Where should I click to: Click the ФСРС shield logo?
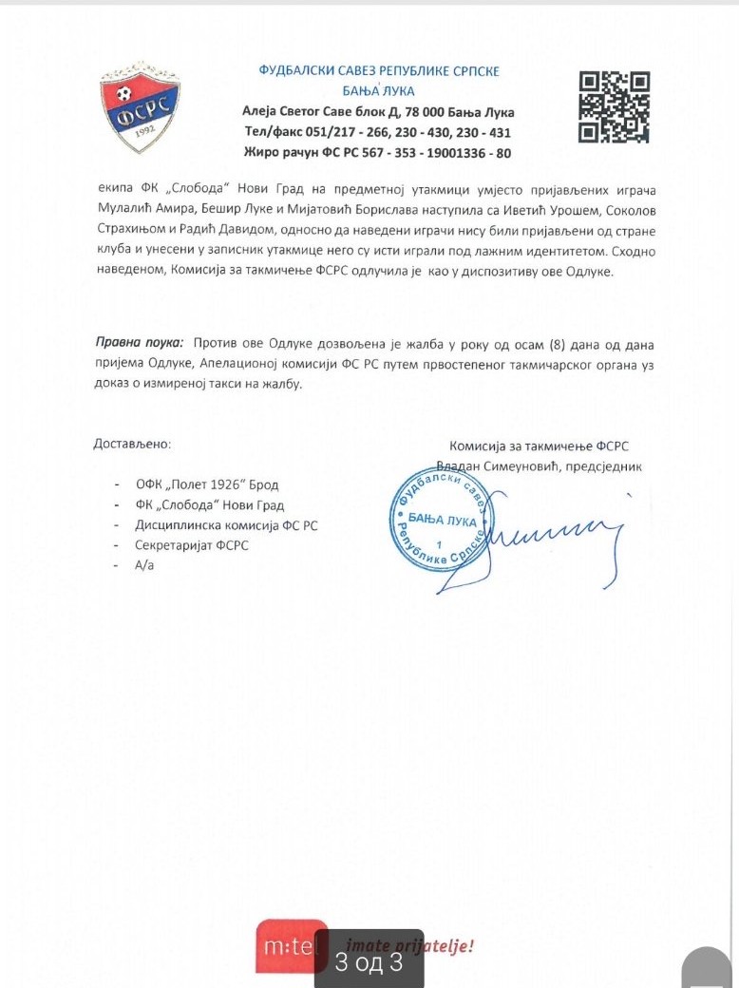tap(140, 107)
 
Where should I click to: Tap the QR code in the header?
tap(614, 106)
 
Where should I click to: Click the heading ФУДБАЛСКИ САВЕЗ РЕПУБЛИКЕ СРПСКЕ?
tap(379, 71)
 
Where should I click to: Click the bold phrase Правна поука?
tap(141, 341)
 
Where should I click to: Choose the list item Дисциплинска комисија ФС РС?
tap(228, 525)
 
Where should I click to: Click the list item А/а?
tap(145, 565)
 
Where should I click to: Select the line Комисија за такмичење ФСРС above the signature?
tap(539, 446)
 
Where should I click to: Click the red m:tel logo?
tap(291, 945)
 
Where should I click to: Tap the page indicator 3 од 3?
tap(369, 962)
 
